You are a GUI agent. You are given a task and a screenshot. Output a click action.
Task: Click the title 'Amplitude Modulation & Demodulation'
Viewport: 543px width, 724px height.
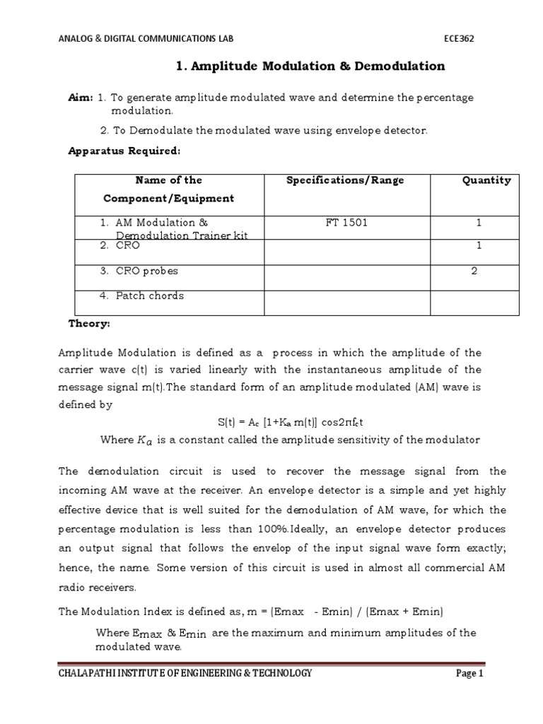tap(310, 66)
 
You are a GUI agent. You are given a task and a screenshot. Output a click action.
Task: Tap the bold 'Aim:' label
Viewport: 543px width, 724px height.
tap(80, 98)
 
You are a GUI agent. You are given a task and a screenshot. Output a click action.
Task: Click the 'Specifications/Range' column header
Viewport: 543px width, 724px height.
tap(345, 180)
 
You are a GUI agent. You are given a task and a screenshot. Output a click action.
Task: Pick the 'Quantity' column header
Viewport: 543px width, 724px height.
tap(486, 180)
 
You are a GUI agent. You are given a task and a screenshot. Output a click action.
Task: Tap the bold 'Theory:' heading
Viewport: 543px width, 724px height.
tap(89, 323)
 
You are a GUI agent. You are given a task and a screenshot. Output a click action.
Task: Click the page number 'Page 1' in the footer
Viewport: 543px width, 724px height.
tap(469, 674)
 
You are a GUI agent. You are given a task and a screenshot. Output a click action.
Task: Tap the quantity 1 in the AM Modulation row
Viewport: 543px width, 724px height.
tap(479, 223)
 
